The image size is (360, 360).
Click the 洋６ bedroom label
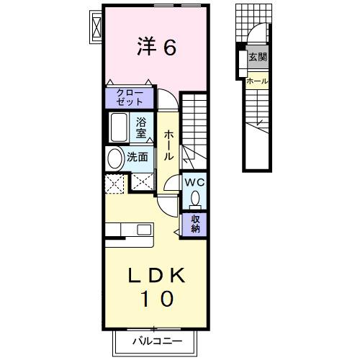pyautogui.click(x=156, y=48)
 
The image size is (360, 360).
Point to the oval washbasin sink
pyautogui.click(x=114, y=158)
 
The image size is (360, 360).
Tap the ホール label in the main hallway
pyautogui.click(x=168, y=144)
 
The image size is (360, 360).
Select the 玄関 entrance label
pyautogui.click(x=257, y=57)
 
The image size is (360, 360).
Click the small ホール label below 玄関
pyautogui.click(x=257, y=81)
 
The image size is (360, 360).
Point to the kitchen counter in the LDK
pyautogui.click(x=130, y=230)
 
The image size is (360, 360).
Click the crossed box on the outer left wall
pyautogui.click(x=94, y=27)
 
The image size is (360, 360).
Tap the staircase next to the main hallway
pyautogui.click(x=194, y=130)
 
